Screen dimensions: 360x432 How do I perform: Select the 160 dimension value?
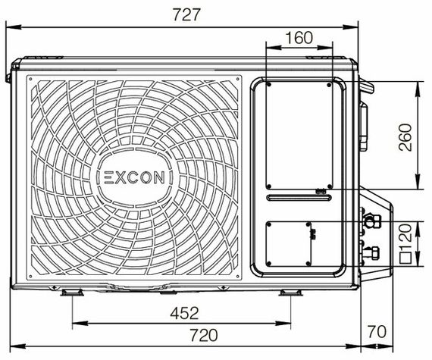pyautogui.click(x=300, y=38)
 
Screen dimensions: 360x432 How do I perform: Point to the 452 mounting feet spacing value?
pyautogui.click(x=183, y=312)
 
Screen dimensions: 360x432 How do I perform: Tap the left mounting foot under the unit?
pyautogui.click(x=72, y=293)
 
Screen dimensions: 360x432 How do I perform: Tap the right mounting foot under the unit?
pyautogui.click(x=289, y=293)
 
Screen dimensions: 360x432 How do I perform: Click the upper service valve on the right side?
pyautogui.click(x=371, y=221)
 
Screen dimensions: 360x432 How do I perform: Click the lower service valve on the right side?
pyautogui.click(x=371, y=252)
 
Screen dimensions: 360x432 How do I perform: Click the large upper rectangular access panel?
pyautogui.click(x=298, y=135)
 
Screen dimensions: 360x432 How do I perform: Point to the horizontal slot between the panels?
pyautogui.click(x=298, y=199)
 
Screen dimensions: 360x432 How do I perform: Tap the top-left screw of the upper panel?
pyautogui.click(x=268, y=85)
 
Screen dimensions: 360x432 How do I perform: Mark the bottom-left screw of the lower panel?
pyautogui.click(x=268, y=264)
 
